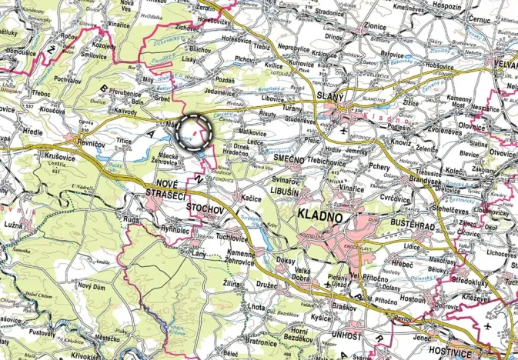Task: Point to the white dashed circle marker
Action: coord(194,132)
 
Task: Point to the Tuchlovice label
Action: coord(232,237)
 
